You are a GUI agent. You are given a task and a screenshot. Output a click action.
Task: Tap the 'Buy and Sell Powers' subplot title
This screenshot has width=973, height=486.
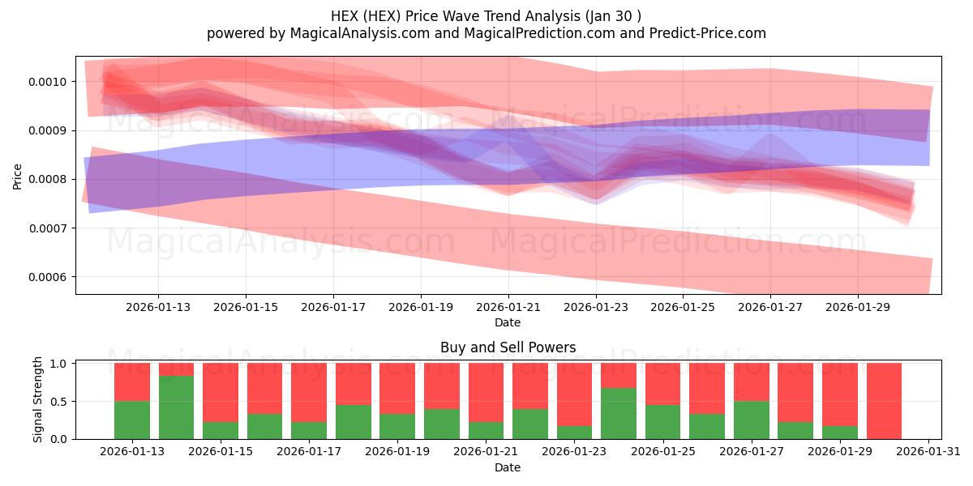(508, 347)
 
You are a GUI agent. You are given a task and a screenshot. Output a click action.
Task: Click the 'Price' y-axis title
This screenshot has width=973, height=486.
(17, 176)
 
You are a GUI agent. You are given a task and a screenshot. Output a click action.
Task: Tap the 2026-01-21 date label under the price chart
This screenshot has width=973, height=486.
(508, 307)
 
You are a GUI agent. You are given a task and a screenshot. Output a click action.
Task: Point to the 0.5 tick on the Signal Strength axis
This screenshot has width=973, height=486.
(59, 401)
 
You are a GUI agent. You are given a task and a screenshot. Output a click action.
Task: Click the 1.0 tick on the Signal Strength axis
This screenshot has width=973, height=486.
(59, 364)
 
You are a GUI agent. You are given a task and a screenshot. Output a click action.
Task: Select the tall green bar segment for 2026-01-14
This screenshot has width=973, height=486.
(176, 407)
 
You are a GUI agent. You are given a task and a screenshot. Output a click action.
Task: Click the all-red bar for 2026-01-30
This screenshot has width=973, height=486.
(884, 401)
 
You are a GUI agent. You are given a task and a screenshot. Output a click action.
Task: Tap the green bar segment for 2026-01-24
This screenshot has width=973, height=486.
(619, 413)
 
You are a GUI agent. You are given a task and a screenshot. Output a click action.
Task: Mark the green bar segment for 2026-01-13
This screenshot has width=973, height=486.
(132, 420)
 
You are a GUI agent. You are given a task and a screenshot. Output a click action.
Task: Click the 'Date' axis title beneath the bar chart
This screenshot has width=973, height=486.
(508, 467)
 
